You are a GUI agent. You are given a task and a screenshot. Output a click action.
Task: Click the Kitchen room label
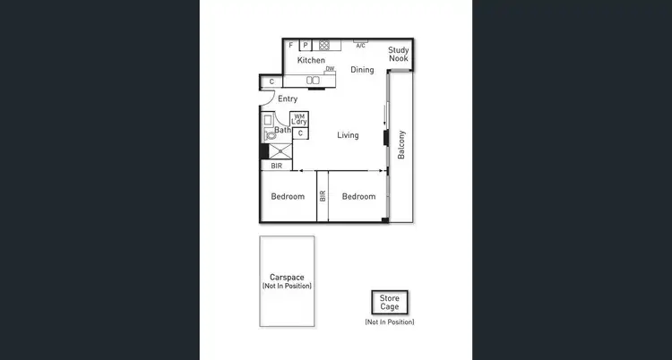(311, 61)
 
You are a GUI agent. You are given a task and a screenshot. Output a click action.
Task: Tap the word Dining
(362, 70)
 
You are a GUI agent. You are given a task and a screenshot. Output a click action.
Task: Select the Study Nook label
(399, 54)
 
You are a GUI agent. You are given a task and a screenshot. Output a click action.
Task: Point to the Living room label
(348, 136)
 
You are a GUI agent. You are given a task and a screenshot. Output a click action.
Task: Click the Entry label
(288, 99)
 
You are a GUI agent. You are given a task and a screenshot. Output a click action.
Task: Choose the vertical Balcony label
(401, 146)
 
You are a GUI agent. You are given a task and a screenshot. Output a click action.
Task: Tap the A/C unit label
(360, 46)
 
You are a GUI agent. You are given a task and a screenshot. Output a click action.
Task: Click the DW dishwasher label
(330, 69)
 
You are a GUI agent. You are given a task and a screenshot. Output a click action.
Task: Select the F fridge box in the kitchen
(291, 45)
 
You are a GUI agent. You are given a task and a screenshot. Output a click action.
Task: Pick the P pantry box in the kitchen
(305, 45)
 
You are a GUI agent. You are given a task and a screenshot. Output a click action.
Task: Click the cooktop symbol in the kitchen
(324, 45)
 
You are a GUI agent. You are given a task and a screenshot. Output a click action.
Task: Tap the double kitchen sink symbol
(313, 81)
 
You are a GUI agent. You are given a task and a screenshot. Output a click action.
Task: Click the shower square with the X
(280, 152)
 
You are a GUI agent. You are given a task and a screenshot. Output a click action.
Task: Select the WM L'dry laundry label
(301, 119)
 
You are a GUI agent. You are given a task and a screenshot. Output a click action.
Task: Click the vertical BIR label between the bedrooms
(323, 197)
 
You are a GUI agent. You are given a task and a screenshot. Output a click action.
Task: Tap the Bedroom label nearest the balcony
(358, 197)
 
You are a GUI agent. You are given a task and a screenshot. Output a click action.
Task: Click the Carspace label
(287, 278)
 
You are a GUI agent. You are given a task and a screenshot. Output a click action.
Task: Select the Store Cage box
(389, 303)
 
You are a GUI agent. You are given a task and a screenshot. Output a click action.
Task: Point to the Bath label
(282, 131)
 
